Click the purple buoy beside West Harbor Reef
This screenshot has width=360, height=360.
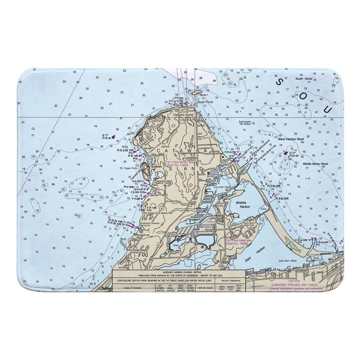point(286,154)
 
